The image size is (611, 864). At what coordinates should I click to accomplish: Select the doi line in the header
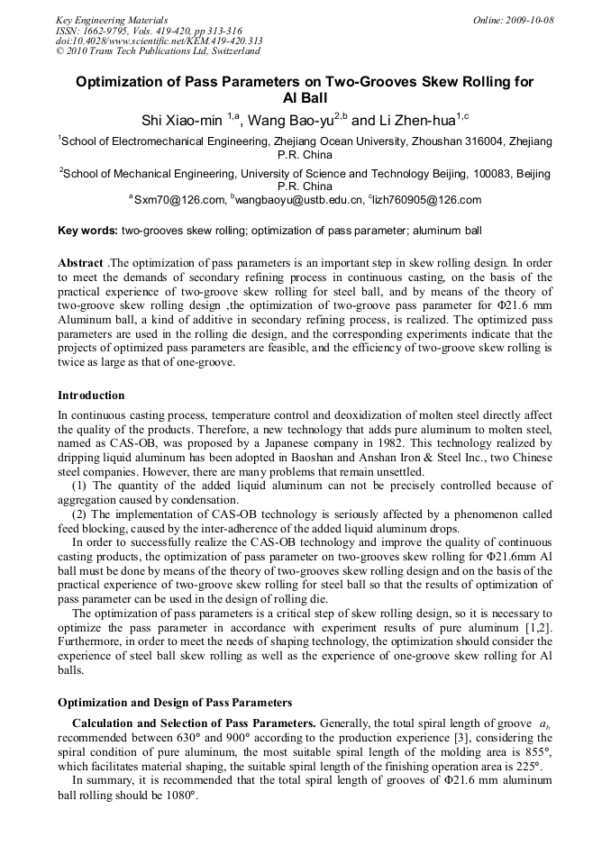pos(160,41)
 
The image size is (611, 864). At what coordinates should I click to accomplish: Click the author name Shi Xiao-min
pos(183,120)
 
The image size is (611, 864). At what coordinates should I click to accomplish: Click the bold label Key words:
pos(87,231)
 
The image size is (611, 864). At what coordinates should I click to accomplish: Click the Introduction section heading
pos(91,396)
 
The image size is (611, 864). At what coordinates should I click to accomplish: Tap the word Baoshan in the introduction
pos(320,458)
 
